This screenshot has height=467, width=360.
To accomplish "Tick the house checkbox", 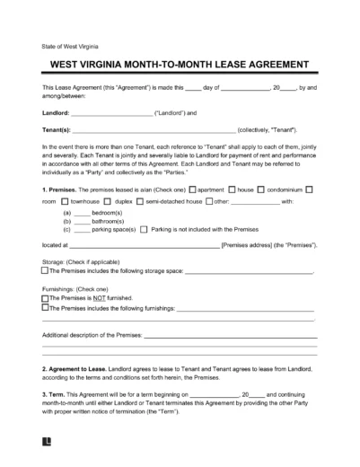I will point(233,189).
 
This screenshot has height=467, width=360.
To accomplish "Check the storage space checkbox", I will point(45,270).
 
